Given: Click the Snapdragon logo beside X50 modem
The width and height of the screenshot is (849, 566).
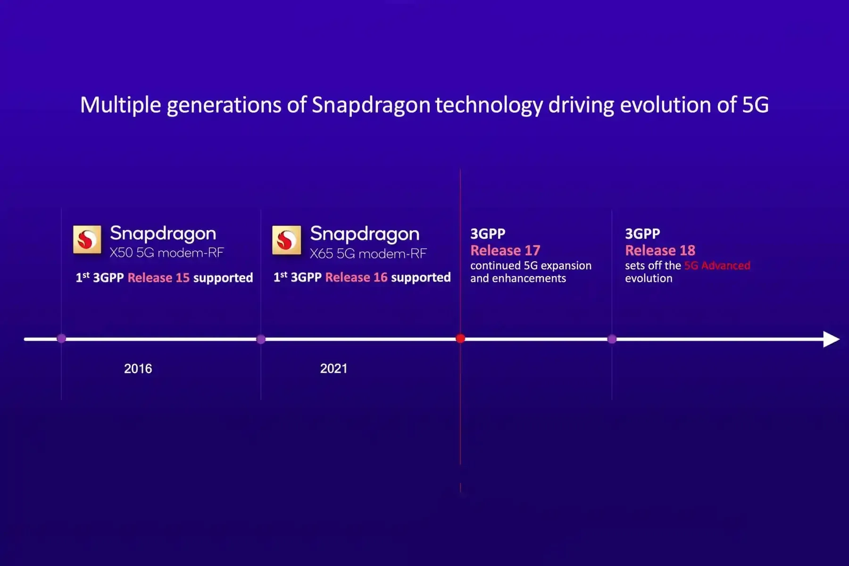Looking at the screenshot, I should (x=87, y=240).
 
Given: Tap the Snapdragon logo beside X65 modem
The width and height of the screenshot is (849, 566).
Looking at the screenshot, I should (x=286, y=240).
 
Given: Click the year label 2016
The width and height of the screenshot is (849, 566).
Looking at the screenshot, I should (x=138, y=368).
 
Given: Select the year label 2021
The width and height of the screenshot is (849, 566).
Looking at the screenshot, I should (x=333, y=368).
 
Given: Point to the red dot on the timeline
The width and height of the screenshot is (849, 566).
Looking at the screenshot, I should (x=460, y=339).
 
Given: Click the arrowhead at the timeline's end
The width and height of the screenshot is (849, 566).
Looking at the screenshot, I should (x=831, y=339).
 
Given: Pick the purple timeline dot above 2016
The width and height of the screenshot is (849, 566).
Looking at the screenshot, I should (x=61, y=339).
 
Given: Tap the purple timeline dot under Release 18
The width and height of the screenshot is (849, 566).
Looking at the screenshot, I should (x=612, y=339).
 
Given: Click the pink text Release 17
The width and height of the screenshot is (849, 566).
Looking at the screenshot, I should (x=505, y=250).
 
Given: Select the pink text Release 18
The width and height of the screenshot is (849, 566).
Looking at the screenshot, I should (x=660, y=250).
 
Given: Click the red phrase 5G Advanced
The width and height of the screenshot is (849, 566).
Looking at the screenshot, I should (x=717, y=266).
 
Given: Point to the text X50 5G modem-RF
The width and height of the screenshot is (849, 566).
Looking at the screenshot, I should (x=166, y=253).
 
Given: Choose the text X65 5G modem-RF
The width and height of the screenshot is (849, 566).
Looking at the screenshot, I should (x=368, y=254).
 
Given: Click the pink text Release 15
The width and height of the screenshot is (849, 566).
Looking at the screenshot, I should (x=158, y=278).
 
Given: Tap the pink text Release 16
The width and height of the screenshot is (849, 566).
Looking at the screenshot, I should (x=356, y=277).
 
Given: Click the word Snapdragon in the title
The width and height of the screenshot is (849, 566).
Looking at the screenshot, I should (x=371, y=105).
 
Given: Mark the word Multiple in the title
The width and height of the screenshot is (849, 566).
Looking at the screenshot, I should (x=121, y=105).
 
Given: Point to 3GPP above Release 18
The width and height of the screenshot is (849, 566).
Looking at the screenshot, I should (x=642, y=233).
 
